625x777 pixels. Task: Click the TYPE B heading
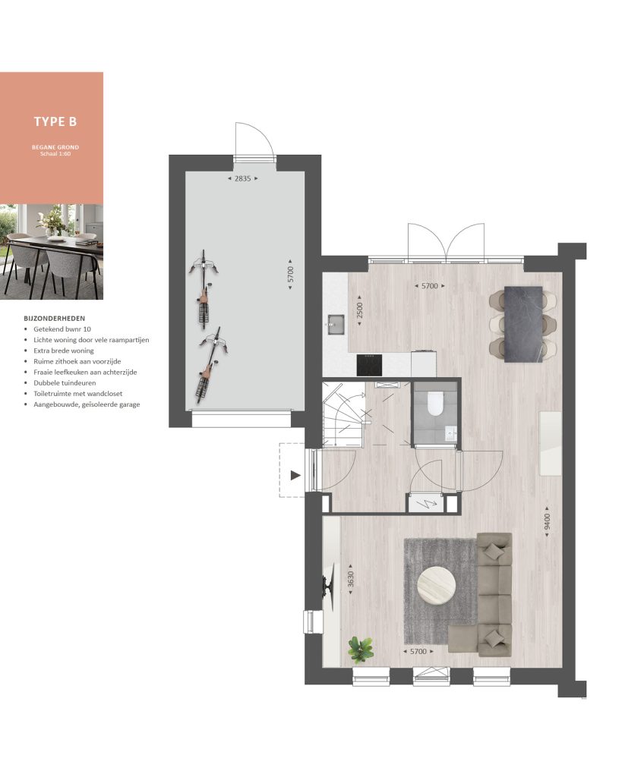[x=55, y=121]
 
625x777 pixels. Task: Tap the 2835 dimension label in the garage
[x=242, y=178]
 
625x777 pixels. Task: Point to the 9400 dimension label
[x=547, y=521]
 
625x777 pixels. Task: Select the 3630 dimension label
[x=351, y=579]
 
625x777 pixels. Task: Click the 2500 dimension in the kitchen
[x=360, y=310]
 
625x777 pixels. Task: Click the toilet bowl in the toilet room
[x=435, y=403]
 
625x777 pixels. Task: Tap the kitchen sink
[x=336, y=324]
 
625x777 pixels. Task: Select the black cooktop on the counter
[x=370, y=365]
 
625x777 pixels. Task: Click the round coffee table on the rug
[x=437, y=585]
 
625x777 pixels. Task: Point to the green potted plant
[x=360, y=650]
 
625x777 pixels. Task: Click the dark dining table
[x=523, y=324]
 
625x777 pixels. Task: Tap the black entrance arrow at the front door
[x=295, y=476]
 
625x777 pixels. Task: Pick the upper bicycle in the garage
[x=204, y=290]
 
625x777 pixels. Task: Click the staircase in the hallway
[x=342, y=414]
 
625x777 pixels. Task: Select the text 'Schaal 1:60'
[x=55, y=153]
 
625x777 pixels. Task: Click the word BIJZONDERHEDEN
[x=55, y=319]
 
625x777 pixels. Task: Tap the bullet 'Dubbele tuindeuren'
[x=65, y=383]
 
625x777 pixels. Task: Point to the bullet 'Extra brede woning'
[x=64, y=351]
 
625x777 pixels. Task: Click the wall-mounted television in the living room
[x=328, y=586]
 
